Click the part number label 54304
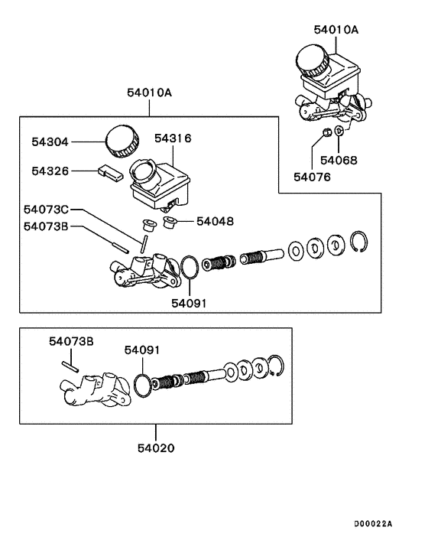coord(50,142)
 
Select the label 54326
coord(50,171)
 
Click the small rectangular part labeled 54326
coord(110,172)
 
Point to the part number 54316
coord(172,138)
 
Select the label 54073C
coord(46,209)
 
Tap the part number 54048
coord(215,221)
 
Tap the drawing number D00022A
coord(372,523)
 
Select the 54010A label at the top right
coord(336,30)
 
